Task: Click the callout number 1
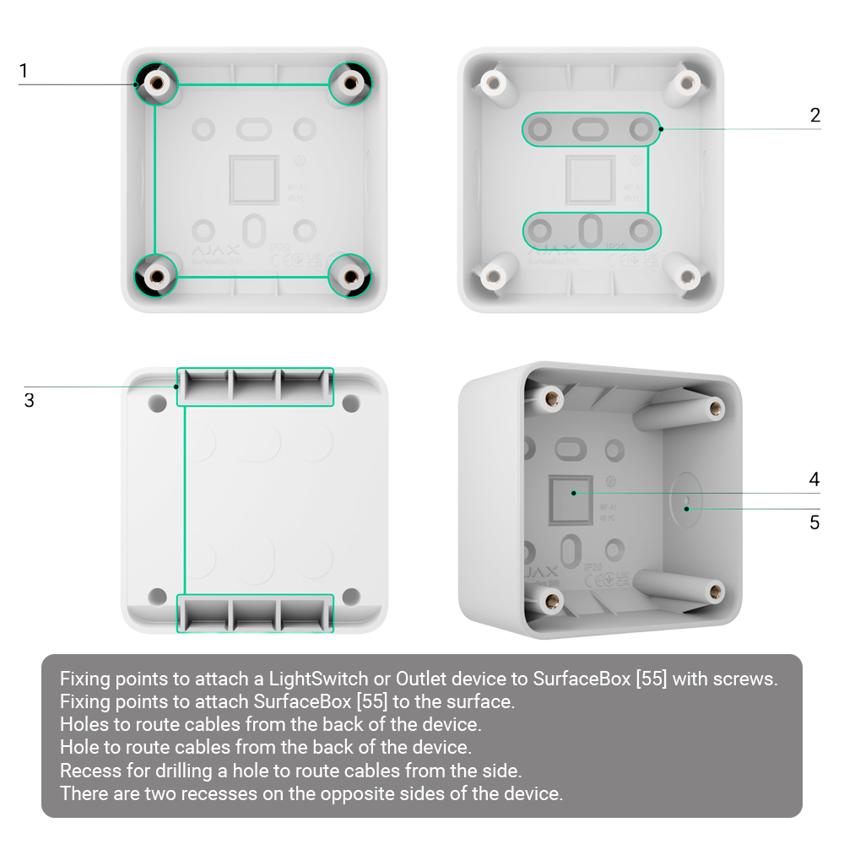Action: click(x=24, y=71)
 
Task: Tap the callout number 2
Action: click(x=814, y=116)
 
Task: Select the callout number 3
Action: click(x=29, y=400)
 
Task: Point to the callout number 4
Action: click(x=814, y=479)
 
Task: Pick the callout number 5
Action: click(x=814, y=522)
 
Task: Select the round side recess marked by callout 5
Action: click(x=686, y=507)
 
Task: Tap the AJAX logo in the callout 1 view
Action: click(x=217, y=251)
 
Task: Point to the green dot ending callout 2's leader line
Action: click(x=661, y=129)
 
